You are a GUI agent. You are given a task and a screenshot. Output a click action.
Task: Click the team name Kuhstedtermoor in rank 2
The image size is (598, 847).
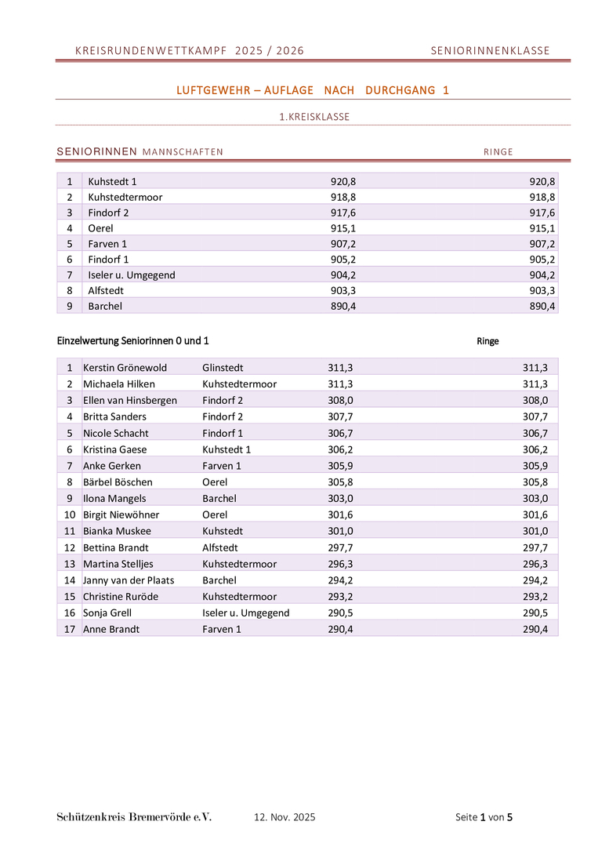pyautogui.click(x=125, y=197)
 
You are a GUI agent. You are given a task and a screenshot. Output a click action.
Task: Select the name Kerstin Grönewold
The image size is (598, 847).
pyautogui.click(x=125, y=367)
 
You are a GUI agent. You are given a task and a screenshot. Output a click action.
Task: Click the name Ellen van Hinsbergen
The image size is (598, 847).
pyautogui.click(x=130, y=400)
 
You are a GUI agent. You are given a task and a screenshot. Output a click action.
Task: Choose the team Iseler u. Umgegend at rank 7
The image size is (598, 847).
pyautogui.click(x=131, y=274)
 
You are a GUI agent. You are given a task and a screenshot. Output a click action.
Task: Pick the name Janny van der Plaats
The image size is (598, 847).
pyautogui.click(x=129, y=580)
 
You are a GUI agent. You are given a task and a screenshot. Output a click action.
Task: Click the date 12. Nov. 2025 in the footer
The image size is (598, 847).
pyautogui.click(x=285, y=817)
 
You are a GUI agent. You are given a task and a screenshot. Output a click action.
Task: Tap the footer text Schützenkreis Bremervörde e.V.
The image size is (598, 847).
pyautogui.click(x=134, y=817)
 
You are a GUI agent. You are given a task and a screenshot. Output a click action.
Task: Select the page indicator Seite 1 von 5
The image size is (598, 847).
pyautogui.click(x=484, y=817)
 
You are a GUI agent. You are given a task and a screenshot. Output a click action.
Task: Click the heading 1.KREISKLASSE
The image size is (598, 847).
pyautogui.click(x=314, y=117)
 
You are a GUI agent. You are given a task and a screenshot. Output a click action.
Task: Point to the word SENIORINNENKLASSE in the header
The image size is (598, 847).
pyautogui.click(x=490, y=51)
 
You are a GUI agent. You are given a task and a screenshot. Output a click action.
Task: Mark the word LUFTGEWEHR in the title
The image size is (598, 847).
pyautogui.click(x=208, y=90)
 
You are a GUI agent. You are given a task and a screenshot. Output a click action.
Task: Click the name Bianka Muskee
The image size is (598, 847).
pyautogui.click(x=117, y=531)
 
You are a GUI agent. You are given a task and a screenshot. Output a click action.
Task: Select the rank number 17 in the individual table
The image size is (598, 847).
pyautogui.click(x=69, y=629)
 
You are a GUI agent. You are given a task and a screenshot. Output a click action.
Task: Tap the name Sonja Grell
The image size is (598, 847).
pyautogui.click(x=107, y=613)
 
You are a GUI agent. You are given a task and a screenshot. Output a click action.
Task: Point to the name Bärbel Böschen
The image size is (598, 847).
pyautogui.click(x=118, y=482)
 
